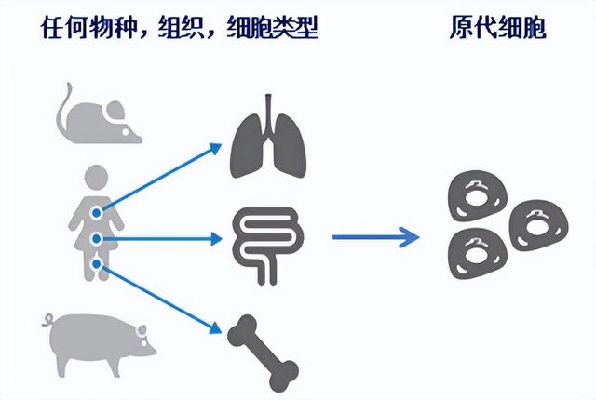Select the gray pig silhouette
(99, 343)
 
